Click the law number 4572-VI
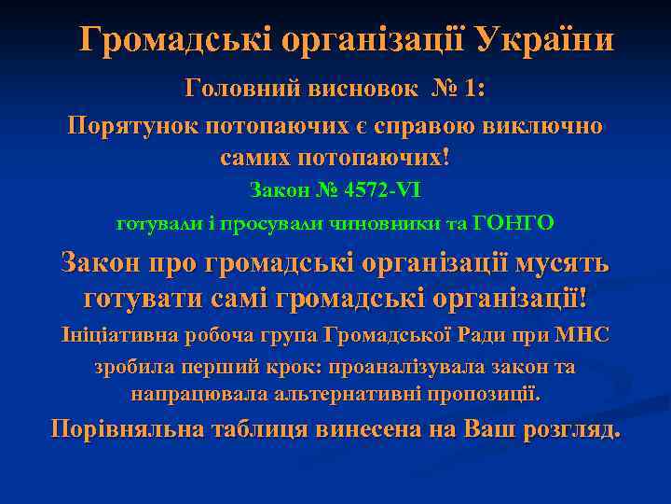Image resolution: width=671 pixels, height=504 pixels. pos(381,190)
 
